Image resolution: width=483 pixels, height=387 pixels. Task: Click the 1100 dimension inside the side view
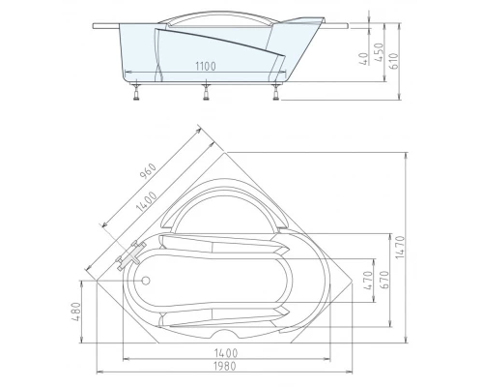pyautogui.click(x=202, y=65)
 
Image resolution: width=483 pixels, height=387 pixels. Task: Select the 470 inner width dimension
pyautogui.click(x=368, y=280)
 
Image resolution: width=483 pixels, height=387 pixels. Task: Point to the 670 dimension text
pyautogui.click(x=383, y=280)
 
